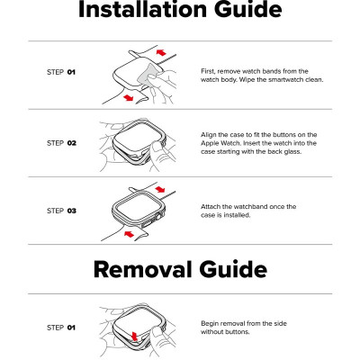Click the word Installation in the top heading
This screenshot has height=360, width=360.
(143, 9)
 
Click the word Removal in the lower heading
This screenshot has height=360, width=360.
(142, 269)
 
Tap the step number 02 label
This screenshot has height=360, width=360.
(72, 143)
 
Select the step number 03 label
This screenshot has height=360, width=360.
(72, 211)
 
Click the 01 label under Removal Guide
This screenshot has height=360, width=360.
(71, 328)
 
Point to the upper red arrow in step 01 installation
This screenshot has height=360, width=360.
(161, 52)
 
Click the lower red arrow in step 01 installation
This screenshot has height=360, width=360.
(129, 97)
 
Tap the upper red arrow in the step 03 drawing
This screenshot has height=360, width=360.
(160, 189)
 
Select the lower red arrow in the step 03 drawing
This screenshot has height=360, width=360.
(129, 234)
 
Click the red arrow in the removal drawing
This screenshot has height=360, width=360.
(134, 336)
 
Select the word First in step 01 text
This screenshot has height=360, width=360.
(208, 71)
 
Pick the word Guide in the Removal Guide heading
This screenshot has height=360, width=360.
(233, 269)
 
